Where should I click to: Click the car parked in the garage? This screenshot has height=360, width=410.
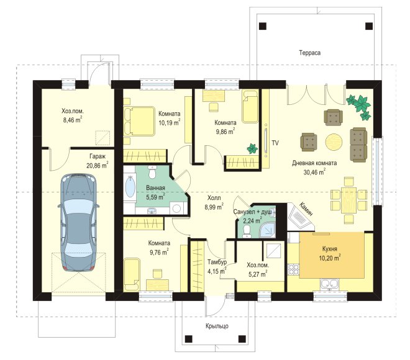78,223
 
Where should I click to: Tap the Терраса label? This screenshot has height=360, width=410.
309,53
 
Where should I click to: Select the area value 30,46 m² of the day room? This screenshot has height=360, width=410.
314,172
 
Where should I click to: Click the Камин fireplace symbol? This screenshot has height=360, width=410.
299,217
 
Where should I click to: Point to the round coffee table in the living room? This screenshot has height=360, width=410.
334,142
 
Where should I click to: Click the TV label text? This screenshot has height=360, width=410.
275,143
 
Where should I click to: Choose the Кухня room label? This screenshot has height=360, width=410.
329,249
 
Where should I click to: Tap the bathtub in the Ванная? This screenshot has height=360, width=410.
130,187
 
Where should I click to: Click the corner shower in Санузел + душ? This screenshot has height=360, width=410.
267,230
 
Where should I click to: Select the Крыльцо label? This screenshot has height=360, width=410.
217,326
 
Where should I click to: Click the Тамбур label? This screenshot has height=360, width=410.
217,262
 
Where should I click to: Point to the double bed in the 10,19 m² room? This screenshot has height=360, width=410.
139,121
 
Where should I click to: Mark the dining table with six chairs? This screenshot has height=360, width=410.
349,200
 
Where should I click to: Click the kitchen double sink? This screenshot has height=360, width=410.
330,284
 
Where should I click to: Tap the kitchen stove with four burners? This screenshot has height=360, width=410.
293,269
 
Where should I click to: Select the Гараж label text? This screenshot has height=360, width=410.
98,156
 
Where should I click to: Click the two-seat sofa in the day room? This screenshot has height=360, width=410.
358,145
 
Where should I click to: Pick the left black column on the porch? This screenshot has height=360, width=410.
188,339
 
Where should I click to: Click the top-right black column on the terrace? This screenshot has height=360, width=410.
369,26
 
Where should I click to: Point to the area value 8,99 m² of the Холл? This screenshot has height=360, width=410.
214,207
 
